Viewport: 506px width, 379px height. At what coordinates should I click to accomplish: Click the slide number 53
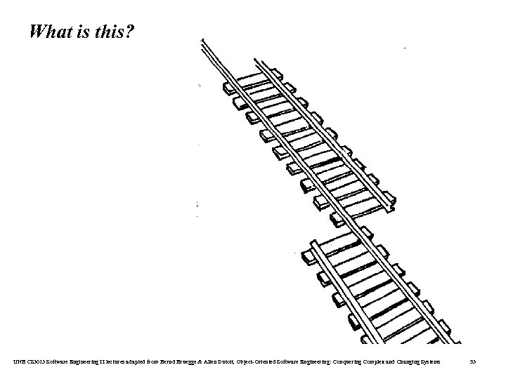(473, 361)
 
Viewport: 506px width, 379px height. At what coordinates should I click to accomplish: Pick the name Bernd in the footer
(176, 361)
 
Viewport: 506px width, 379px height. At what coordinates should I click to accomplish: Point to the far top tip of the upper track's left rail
(202, 39)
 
